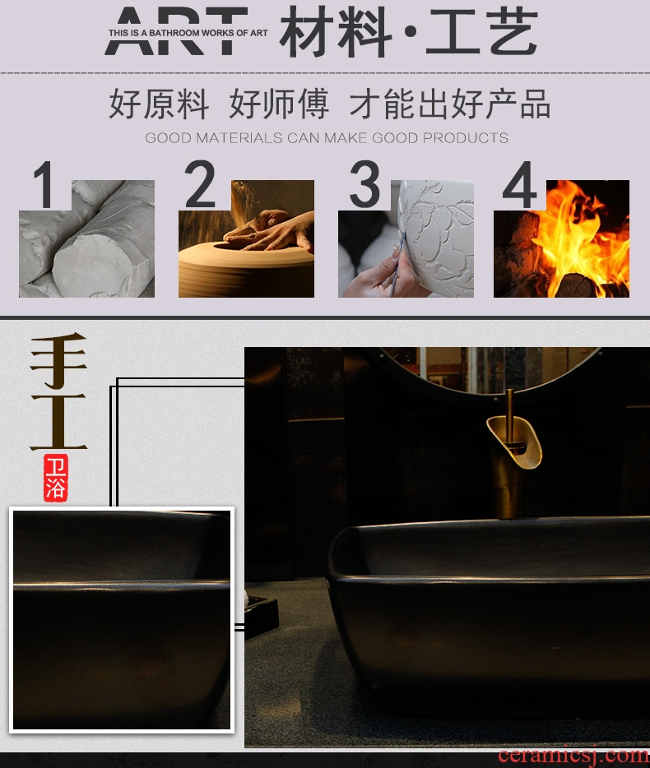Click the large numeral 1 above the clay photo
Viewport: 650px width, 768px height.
tap(44, 185)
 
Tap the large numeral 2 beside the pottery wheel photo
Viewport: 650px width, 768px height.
tap(200, 184)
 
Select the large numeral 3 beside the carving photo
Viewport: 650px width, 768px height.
tap(364, 184)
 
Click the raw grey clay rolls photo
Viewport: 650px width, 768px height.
tap(86, 238)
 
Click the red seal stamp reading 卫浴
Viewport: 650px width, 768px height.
tap(55, 478)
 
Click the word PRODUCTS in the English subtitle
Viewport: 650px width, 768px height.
tap(465, 138)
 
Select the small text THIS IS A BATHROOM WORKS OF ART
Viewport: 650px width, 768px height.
tap(188, 33)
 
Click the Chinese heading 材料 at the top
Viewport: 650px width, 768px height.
tap(336, 32)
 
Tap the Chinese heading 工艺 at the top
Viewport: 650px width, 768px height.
tap(482, 32)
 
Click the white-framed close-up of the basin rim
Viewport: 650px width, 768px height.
tap(122, 620)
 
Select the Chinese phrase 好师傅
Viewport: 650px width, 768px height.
tap(279, 104)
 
